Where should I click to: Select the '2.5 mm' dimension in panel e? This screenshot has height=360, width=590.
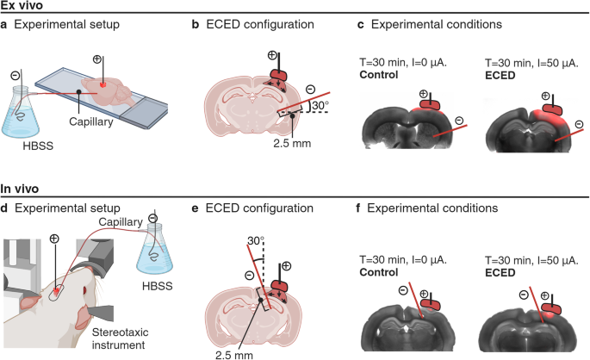click(237, 351)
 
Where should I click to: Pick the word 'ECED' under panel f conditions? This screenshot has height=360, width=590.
click(503, 272)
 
